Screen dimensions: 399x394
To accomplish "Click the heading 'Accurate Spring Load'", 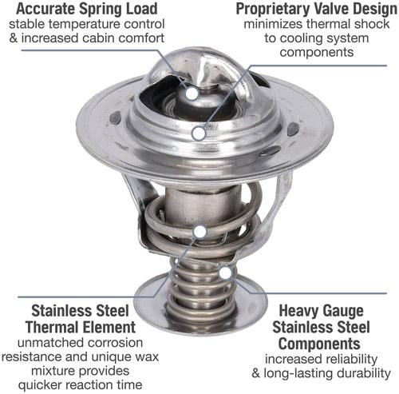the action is pyautogui.click(x=87, y=9).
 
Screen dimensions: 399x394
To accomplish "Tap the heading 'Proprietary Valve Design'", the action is pyautogui.click(x=316, y=9).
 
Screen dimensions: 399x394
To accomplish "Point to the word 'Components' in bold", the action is pyautogui.click(x=319, y=344).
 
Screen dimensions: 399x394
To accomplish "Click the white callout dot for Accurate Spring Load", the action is pyautogui.click(x=192, y=94).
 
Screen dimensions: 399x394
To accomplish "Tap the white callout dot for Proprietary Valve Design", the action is pyautogui.click(x=199, y=133).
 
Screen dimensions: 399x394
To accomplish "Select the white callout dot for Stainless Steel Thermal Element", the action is pyautogui.click(x=200, y=232).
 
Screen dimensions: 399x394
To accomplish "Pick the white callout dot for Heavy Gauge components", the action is pyautogui.click(x=225, y=273).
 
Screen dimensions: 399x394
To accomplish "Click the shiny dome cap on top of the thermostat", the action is pyautogui.click(x=202, y=66).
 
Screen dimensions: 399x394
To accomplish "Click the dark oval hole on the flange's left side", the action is pyautogui.click(x=116, y=117).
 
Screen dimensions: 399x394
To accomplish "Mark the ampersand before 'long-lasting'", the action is pyautogui.click(x=255, y=373).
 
